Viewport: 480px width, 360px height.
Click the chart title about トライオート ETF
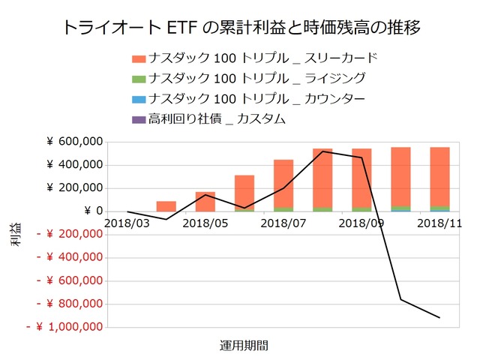[240, 28]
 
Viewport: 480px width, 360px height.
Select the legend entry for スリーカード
[254, 58]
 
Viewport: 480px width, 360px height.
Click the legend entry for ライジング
[247, 78]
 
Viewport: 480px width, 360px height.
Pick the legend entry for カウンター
[247, 98]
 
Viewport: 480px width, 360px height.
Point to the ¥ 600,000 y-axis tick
[74, 142]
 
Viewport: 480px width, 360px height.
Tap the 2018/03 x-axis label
[127, 223]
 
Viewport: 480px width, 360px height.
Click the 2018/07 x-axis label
[283, 223]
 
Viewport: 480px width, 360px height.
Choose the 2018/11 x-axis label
[439, 223]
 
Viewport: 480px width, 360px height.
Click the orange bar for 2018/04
[166, 206]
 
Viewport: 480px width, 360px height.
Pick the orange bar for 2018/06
[244, 192]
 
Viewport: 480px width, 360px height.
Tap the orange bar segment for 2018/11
[439, 176]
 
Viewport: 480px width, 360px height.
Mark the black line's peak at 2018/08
[322, 151]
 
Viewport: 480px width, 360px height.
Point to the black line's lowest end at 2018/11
[439, 318]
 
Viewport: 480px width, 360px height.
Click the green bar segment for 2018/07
[283, 208]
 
